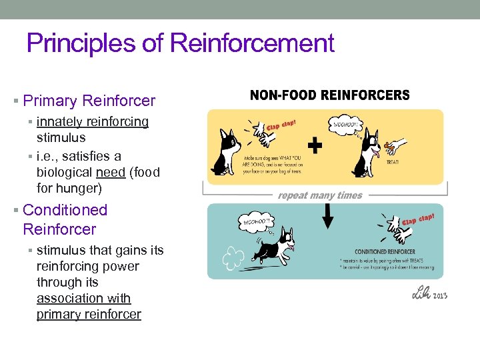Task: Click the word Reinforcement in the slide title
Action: [x=252, y=44]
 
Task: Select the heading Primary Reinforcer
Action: [x=89, y=101]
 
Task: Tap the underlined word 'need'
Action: [x=111, y=172]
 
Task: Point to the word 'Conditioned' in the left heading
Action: [x=65, y=210]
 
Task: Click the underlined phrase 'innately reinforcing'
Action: [x=93, y=122]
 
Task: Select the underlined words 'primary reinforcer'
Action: [x=89, y=315]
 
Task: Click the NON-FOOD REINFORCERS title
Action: [x=329, y=95]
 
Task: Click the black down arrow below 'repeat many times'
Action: [x=328, y=215]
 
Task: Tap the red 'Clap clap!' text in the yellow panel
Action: [x=281, y=125]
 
